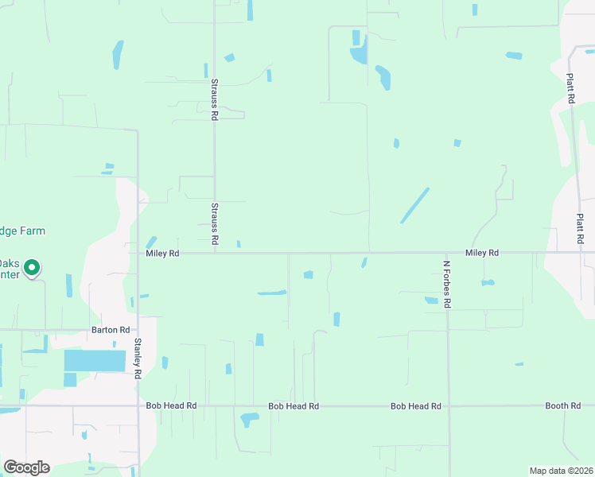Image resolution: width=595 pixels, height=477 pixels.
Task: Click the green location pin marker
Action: pyautogui.click(x=32, y=268)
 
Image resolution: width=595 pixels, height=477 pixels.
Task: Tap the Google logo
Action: pyautogui.click(x=26, y=467)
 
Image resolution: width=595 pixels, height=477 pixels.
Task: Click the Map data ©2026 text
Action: pyautogui.click(x=561, y=471)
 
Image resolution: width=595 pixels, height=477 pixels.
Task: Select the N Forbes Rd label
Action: pyautogui.click(x=447, y=284)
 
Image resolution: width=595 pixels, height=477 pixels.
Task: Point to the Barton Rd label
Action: pyautogui.click(x=111, y=330)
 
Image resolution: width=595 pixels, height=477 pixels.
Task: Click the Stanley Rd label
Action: pyautogui.click(x=138, y=359)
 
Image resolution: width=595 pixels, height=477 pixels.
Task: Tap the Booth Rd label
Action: pyautogui.click(x=562, y=406)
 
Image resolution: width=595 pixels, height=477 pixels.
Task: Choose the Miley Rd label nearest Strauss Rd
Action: pyautogui.click(x=163, y=254)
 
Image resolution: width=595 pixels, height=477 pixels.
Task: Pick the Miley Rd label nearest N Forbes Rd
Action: pyautogui.click(x=482, y=253)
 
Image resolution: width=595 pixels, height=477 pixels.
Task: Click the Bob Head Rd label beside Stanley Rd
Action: pyautogui.click(x=171, y=406)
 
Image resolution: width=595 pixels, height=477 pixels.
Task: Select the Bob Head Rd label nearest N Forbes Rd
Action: pyautogui.click(x=415, y=406)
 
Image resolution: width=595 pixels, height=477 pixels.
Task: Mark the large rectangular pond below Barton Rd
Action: pyautogui.click(x=95, y=361)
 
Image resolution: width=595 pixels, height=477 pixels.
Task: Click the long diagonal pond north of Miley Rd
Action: pyautogui.click(x=414, y=205)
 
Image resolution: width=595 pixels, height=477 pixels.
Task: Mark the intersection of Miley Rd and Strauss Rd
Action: pyautogui.click(x=214, y=254)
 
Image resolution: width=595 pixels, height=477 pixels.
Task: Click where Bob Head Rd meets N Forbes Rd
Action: pyautogui.click(x=447, y=406)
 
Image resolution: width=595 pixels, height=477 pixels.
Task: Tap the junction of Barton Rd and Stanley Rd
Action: pyautogui.click(x=138, y=330)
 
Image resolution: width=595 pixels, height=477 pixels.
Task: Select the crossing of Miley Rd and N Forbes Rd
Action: pyautogui.click(x=447, y=254)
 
